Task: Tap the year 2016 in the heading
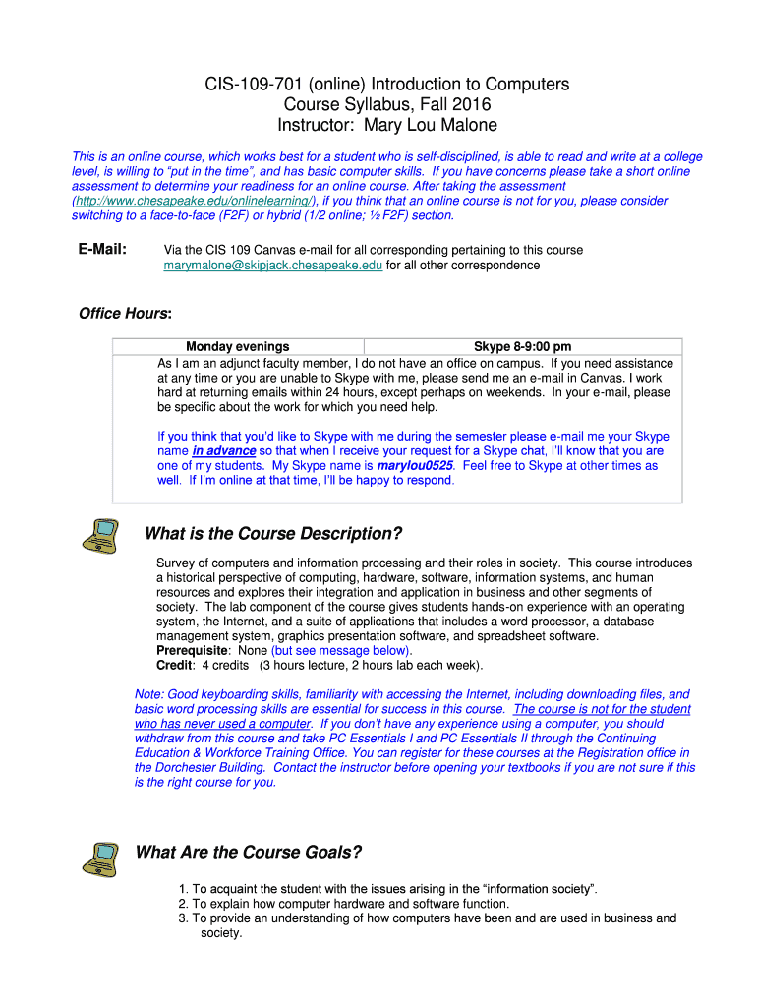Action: coord(471,104)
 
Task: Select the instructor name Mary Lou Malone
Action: coord(431,125)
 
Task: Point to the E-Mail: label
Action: coord(102,250)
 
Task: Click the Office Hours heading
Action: coord(125,314)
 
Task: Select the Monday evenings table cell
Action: coord(238,346)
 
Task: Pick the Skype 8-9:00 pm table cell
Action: coord(522,346)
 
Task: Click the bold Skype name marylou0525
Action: coord(416,465)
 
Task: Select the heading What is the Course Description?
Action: coord(273,534)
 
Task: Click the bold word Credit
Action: coord(174,665)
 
